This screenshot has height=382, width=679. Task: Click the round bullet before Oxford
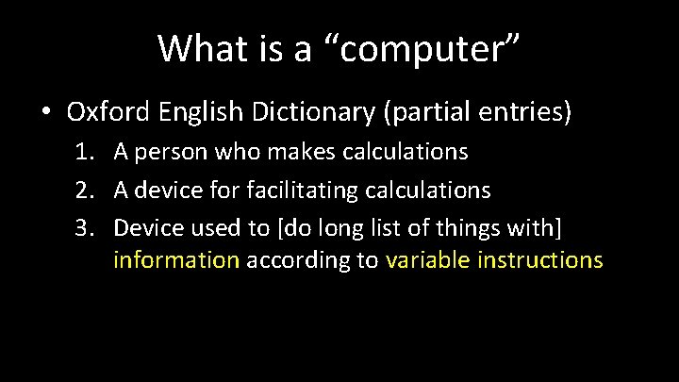pos(46,112)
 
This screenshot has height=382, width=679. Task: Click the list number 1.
pos(82,151)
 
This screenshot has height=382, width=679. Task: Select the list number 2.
pos(82,191)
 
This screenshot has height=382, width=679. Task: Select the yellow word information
pos(176,259)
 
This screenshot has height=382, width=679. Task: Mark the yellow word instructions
pos(540,259)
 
